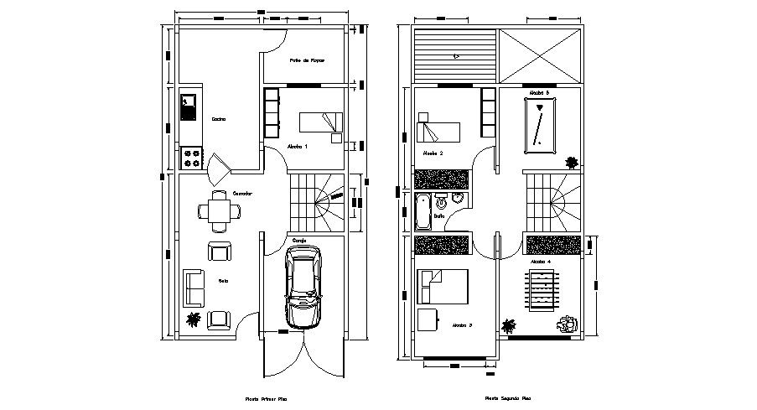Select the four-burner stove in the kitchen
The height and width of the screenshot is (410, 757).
click(x=191, y=157)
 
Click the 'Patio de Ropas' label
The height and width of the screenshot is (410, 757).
click(x=307, y=60)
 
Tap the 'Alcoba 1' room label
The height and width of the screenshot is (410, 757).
click(x=298, y=146)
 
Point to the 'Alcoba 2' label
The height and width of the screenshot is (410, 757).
click(x=433, y=153)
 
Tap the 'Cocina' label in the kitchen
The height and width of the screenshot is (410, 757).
click(x=219, y=119)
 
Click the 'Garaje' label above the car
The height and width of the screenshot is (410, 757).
click(x=299, y=240)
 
